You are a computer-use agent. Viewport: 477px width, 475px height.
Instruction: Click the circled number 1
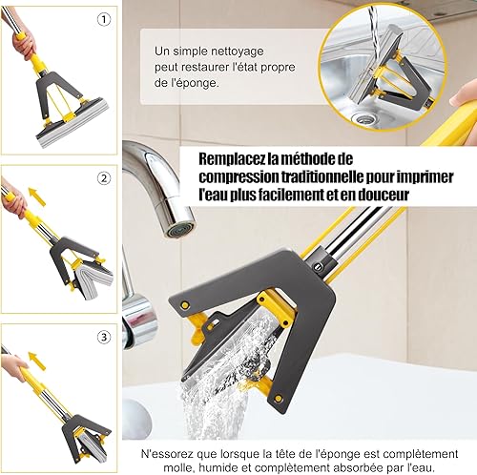click(103, 20)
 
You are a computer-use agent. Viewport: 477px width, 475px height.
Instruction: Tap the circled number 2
click(104, 178)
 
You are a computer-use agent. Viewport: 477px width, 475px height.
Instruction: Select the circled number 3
click(104, 337)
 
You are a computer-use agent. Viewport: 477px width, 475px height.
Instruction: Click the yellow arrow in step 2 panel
click(37, 196)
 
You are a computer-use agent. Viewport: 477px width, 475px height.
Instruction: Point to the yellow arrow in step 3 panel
click(37, 361)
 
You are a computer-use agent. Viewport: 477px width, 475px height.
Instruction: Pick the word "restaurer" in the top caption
click(202, 68)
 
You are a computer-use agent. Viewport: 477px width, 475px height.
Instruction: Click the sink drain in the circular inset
click(362, 119)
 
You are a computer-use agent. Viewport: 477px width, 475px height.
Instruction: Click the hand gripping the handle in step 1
click(22, 44)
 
